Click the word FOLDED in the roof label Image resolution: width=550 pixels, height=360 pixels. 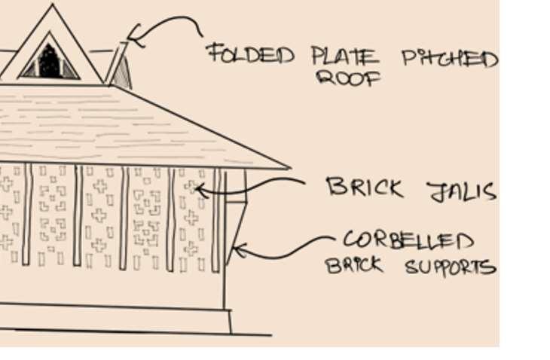pyautogui.click(x=250, y=54)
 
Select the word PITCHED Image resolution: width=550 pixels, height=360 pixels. pyautogui.click(x=449, y=58)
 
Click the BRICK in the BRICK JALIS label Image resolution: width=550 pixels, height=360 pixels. pyautogui.click(x=364, y=188)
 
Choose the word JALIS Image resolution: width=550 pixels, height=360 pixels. pyautogui.click(x=462, y=191)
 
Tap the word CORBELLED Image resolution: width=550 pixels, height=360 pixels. pyautogui.click(x=408, y=241)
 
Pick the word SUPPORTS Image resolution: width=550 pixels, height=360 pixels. pyautogui.click(x=450, y=267)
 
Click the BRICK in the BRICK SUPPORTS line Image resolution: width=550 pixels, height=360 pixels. pyautogui.click(x=354, y=265)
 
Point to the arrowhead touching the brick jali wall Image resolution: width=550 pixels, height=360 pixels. pyautogui.click(x=198, y=189)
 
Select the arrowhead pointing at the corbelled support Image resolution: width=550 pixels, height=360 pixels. pyautogui.click(x=238, y=250)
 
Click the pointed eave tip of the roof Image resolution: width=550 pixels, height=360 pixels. pyautogui.click(x=289, y=166)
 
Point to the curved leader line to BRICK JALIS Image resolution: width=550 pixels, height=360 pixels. pyautogui.click(x=256, y=185)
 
